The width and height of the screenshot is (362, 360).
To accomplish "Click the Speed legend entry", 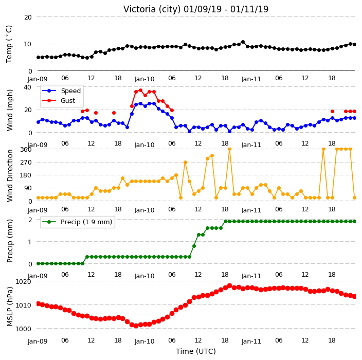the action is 61,91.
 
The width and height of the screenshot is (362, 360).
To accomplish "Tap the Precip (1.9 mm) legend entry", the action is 77,222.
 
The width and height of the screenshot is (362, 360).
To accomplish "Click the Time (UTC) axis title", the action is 196,351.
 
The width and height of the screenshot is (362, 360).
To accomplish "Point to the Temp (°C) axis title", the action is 9,44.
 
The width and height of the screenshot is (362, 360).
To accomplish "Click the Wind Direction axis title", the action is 10,175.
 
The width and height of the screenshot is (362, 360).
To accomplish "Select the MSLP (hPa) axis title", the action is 10,307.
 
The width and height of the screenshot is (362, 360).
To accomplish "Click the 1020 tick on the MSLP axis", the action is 23,281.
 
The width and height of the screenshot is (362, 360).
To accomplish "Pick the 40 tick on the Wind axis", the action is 27,87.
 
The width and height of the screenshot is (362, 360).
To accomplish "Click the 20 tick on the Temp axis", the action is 28,17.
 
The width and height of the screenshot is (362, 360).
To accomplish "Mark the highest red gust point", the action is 140,91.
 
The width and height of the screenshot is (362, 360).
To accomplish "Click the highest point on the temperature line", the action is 243,42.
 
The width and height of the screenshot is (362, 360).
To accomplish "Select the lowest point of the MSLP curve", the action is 136,326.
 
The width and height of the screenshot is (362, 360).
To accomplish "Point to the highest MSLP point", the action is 229,285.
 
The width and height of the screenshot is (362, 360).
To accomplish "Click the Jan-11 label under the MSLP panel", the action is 251,341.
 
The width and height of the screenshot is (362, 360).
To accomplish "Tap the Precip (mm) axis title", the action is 10,241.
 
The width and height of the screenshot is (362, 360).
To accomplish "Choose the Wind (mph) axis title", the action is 10,110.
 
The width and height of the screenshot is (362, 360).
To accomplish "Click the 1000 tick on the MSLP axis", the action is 23,329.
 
